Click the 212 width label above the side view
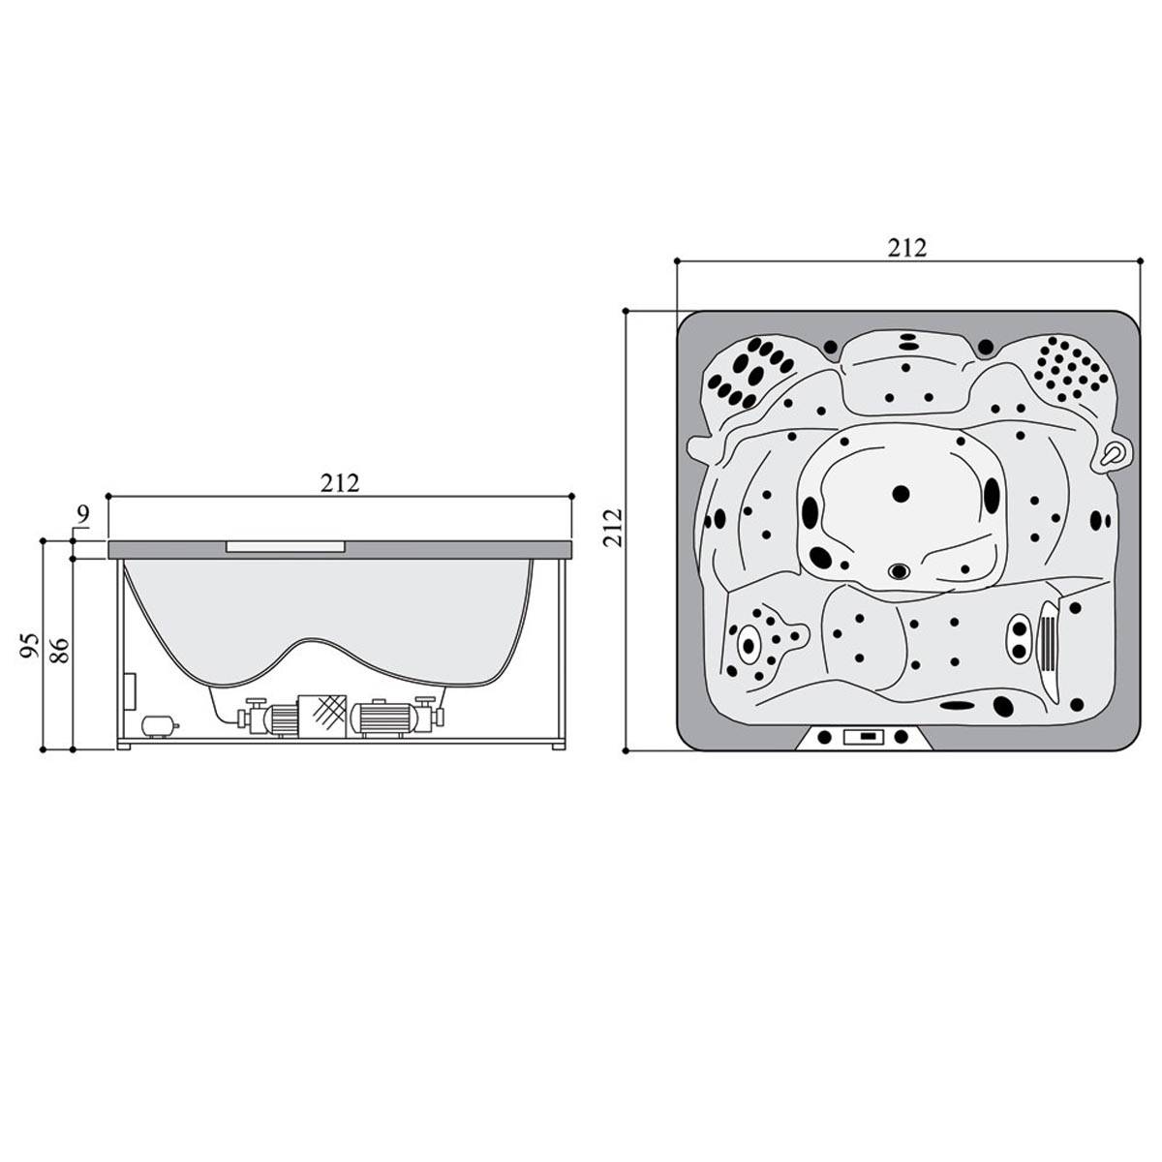click(x=340, y=483)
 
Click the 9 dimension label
click(x=83, y=514)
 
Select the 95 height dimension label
click(x=30, y=646)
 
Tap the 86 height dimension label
click(x=59, y=651)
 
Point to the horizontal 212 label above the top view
click(x=906, y=248)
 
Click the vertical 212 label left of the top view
click(x=613, y=529)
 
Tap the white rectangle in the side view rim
click(x=286, y=546)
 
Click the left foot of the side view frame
click(x=125, y=746)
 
